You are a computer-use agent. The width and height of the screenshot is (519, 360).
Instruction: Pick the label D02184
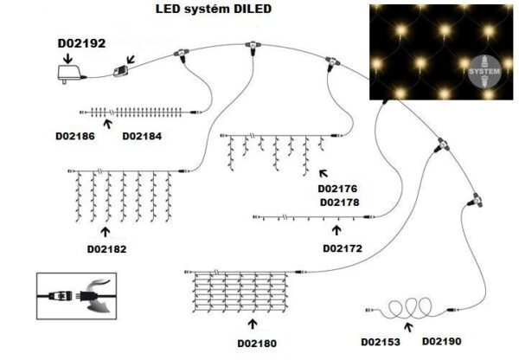140,137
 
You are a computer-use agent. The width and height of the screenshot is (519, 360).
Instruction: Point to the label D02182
106,249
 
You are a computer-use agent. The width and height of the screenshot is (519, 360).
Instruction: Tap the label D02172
341,248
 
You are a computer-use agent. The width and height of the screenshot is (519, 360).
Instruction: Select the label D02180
256,344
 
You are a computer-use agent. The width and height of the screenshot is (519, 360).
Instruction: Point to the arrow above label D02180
252,324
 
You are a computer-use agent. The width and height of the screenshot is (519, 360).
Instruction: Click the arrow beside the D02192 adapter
67,55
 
